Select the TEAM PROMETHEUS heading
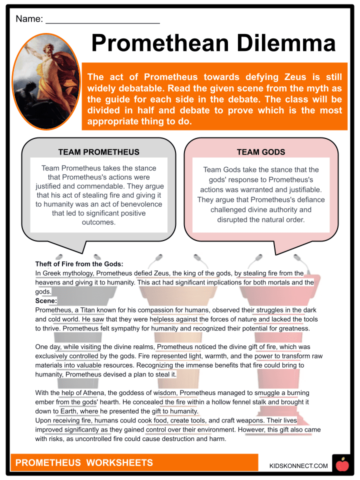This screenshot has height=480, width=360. click(x=98, y=152)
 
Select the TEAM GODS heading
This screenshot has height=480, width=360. click(x=261, y=152)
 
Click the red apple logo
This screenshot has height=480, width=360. click(x=342, y=465)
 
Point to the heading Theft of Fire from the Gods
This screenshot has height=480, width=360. click(x=79, y=264)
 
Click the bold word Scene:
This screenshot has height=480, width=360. click(x=46, y=300)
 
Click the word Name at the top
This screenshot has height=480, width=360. click(x=29, y=19)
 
